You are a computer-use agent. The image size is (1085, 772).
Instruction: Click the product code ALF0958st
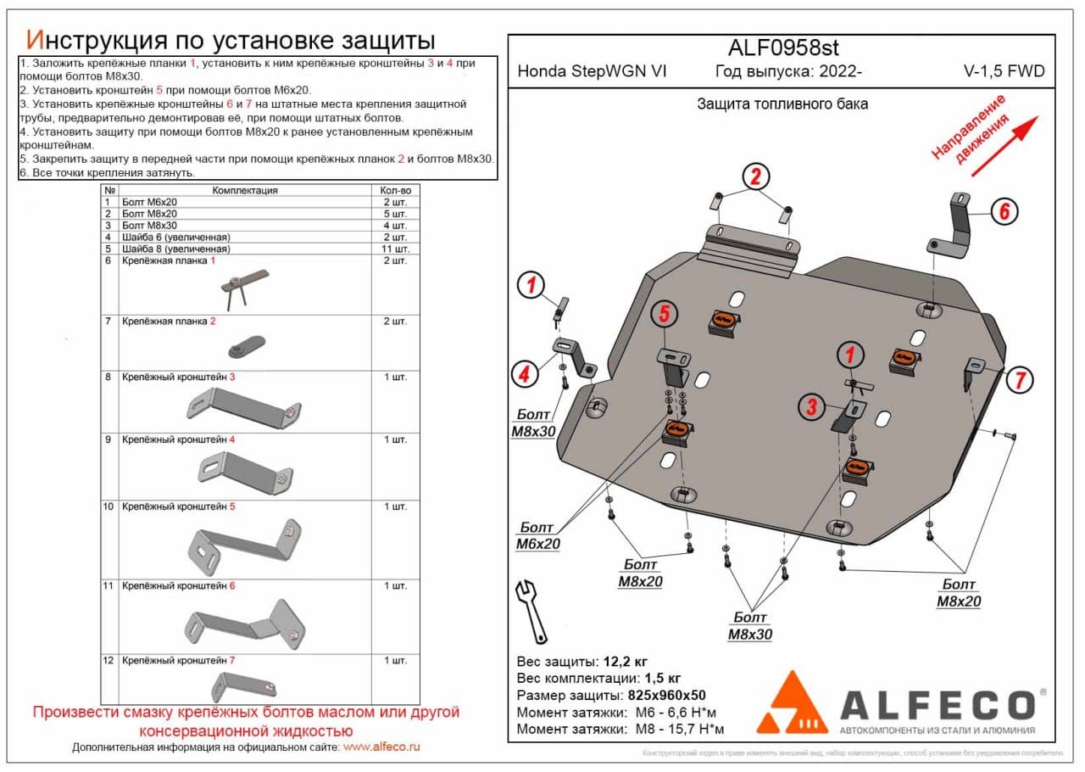(783, 48)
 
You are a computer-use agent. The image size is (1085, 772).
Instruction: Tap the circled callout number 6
(1004, 211)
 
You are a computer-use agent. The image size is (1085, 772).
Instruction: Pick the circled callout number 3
(811, 407)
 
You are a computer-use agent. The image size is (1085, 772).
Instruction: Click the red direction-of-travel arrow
(1004, 146)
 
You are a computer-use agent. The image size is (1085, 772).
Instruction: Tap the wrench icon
(531, 610)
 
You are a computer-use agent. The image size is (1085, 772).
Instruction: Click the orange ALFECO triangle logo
(792, 703)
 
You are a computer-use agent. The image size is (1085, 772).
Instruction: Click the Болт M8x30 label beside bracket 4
(533, 423)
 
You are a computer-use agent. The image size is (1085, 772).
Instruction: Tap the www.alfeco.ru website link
(381, 747)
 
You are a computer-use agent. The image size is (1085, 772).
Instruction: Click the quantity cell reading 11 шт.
(395, 249)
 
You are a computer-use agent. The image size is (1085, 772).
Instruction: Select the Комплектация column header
(245, 191)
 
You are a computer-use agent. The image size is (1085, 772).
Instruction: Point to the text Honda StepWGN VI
(592, 71)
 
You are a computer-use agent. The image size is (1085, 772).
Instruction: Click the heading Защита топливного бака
(782, 104)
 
